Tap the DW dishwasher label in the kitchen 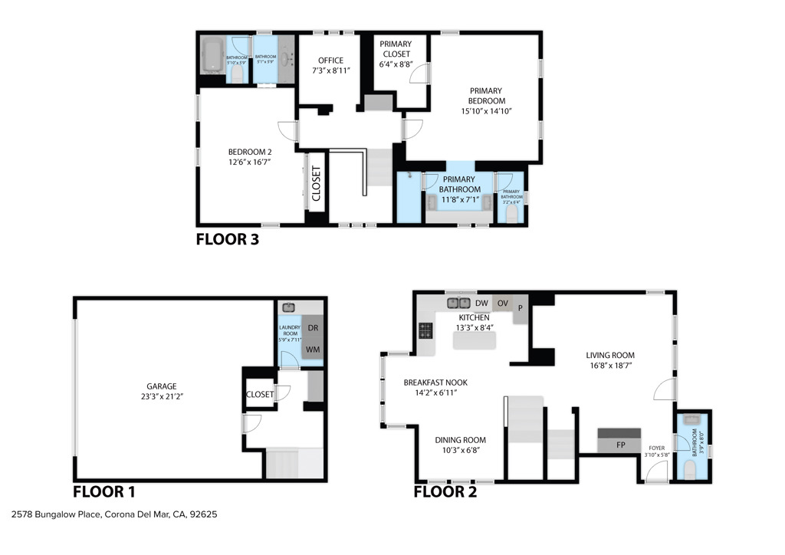(x=482, y=303)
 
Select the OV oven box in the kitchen (x=503, y=303)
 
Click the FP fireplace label (x=620, y=445)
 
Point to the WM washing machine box (x=313, y=349)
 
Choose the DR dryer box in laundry (x=313, y=327)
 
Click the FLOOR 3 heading (x=228, y=239)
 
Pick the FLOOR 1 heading (x=104, y=491)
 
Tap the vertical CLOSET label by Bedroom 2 (x=316, y=184)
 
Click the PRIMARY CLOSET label (x=395, y=49)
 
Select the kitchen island (x=475, y=341)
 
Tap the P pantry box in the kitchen (x=521, y=307)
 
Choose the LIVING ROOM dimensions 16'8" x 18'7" (x=610, y=366)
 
